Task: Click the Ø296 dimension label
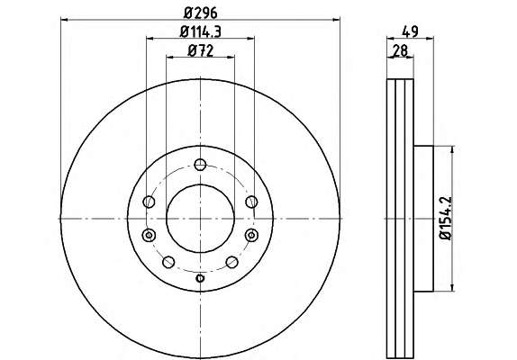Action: click(x=201, y=13)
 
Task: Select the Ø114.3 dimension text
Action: click(x=201, y=31)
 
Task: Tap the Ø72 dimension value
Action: click(x=201, y=50)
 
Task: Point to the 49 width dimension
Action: click(x=410, y=31)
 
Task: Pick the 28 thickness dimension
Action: click(x=400, y=50)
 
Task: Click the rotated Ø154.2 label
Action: click(x=445, y=218)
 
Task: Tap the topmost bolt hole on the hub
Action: click(x=200, y=165)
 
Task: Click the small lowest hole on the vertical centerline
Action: click(x=200, y=278)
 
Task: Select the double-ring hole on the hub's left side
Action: click(x=149, y=235)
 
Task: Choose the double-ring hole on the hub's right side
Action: click(x=251, y=235)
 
